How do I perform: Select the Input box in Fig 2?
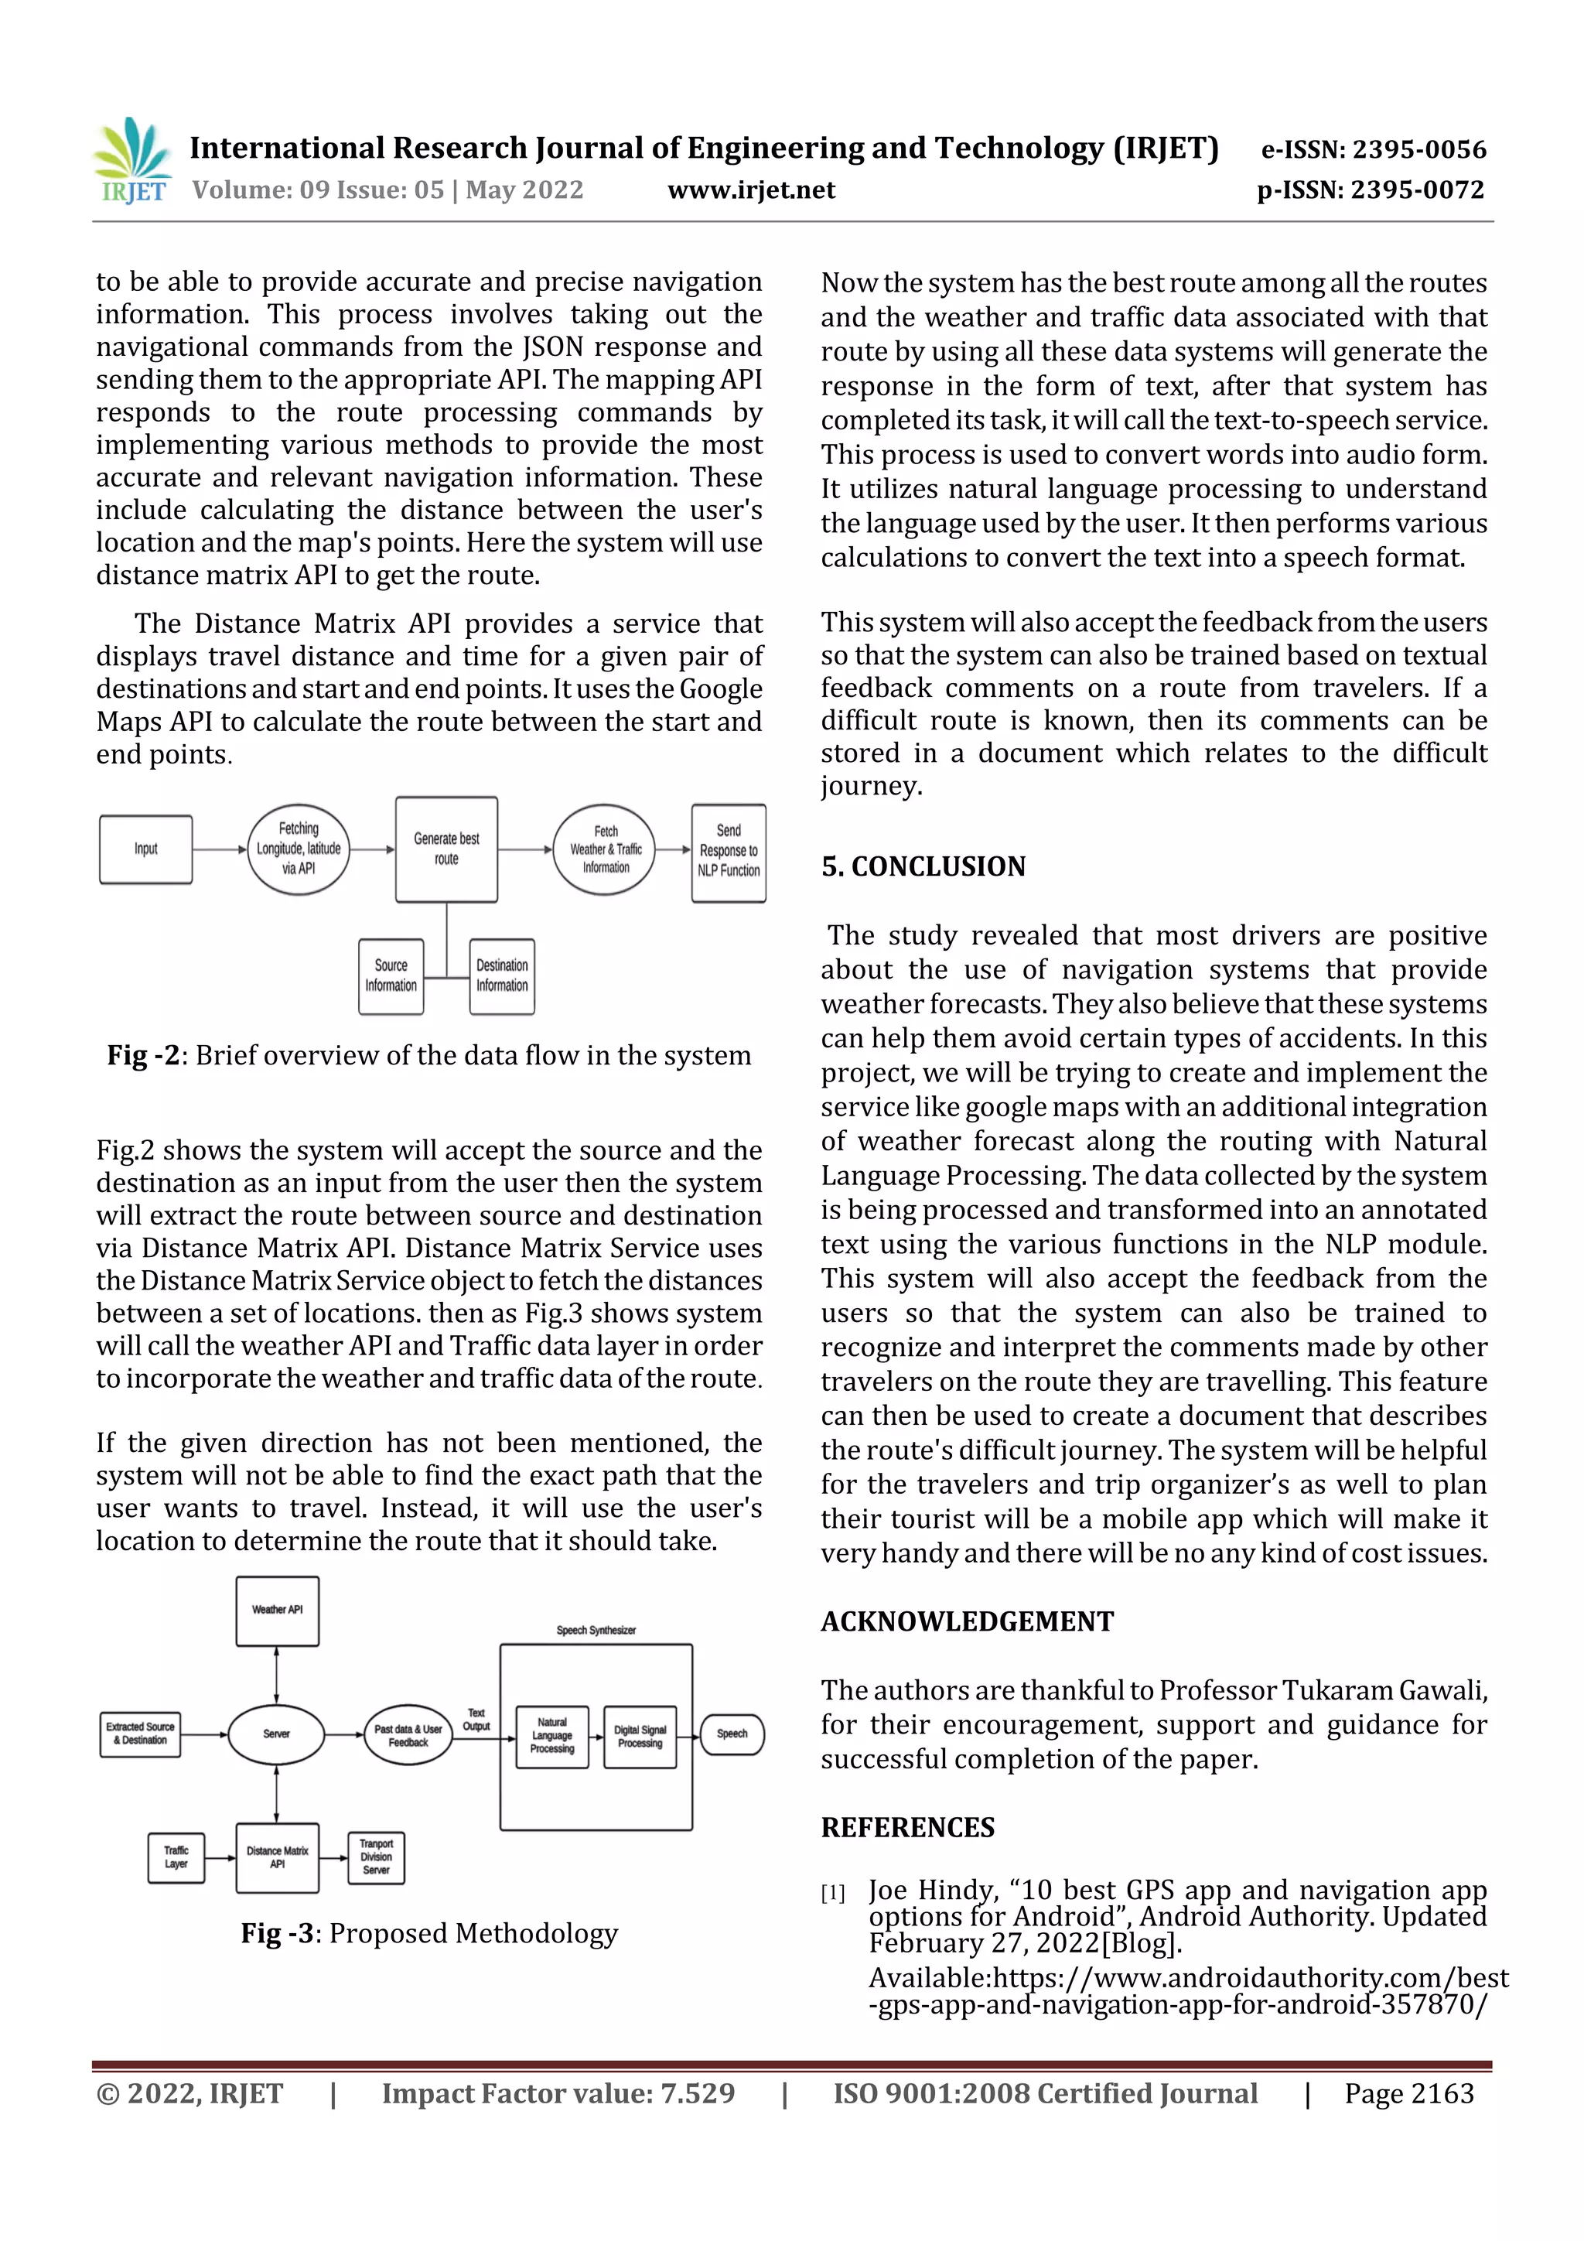[x=145, y=849]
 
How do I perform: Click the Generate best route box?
[x=446, y=849]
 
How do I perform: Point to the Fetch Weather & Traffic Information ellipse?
[x=605, y=849]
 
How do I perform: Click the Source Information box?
[x=391, y=976]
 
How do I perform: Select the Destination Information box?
[x=502, y=976]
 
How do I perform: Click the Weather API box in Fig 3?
[x=277, y=1611]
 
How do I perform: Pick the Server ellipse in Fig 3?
[x=276, y=1734]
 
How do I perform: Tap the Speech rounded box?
[x=732, y=1734]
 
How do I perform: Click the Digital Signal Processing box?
[x=640, y=1737]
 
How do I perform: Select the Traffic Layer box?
[x=176, y=1857]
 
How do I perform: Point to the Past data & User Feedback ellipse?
[x=408, y=1735]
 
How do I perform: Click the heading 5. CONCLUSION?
[x=923, y=866]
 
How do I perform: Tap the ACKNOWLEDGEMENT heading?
[x=966, y=1622]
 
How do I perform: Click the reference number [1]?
[x=832, y=1894]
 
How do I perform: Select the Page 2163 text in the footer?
[x=1408, y=2093]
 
